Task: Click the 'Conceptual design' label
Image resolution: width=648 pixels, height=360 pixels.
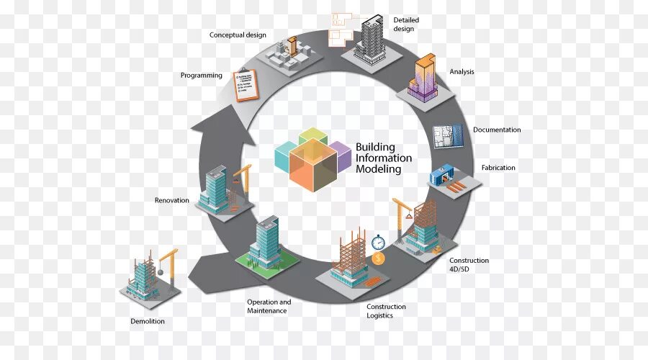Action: tap(238, 35)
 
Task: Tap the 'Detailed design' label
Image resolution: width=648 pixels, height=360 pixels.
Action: tap(406, 24)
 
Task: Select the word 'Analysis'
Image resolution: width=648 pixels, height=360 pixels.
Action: tap(462, 72)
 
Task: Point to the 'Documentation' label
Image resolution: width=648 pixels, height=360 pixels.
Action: tap(497, 130)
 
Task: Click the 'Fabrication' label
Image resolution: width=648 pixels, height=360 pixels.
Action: tap(498, 168)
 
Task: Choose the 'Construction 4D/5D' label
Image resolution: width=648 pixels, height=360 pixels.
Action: tap(469, 265)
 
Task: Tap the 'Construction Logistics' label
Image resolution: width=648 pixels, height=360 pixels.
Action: tap(386, 311)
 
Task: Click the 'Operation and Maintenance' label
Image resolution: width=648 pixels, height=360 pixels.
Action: tap(269, 306)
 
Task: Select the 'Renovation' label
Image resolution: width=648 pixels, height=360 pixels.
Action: tap(172, 200)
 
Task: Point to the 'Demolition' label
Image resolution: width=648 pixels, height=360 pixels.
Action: tap(148, 321)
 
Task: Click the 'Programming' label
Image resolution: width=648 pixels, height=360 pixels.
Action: tap(202, 76)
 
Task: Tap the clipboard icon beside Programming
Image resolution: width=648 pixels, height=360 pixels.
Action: tap(246, 84)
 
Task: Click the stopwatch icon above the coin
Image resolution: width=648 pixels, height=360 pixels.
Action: tap(379, 242)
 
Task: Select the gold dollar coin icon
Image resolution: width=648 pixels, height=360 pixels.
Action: tap(379, 258)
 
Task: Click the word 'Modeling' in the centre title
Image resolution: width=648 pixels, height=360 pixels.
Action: tap(378, 170)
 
